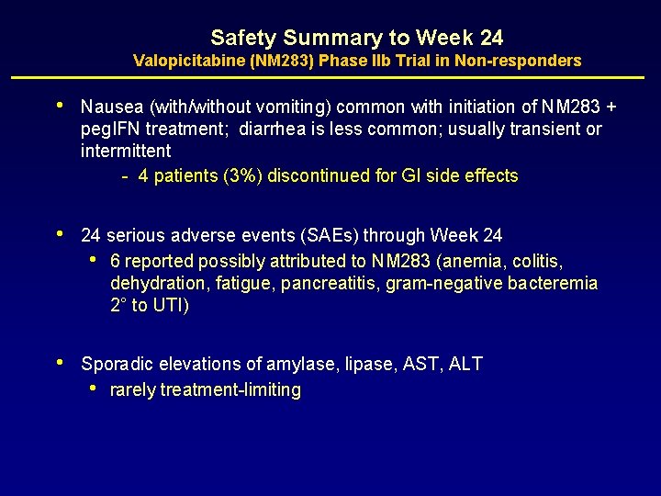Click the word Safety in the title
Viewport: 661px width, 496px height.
(243, 38)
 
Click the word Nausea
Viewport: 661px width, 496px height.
(109, 107)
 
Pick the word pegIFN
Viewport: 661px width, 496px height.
(111, 129)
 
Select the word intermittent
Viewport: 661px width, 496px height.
(126, 150)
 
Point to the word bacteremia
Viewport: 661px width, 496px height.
(550, 284)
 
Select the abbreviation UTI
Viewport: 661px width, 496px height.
(171, 306)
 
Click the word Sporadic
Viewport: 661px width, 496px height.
(114, 365)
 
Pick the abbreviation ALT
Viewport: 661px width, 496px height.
(465, 365)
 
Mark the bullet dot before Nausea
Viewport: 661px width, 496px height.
(61, 106)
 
